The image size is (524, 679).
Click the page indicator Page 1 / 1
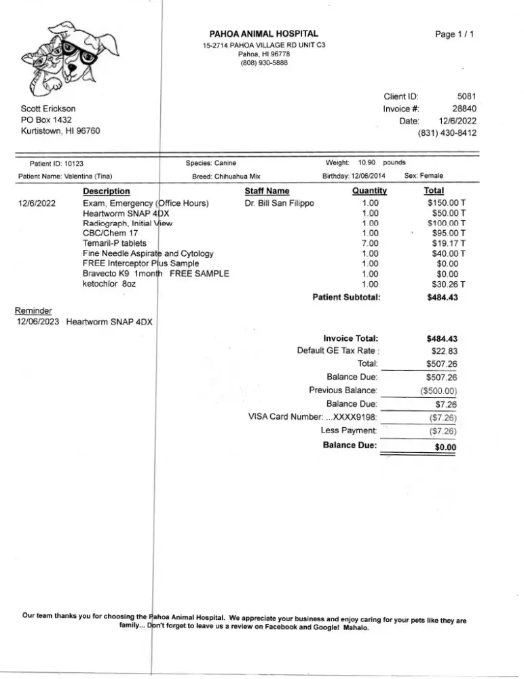point(454,34)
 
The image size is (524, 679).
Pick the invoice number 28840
point(464,109)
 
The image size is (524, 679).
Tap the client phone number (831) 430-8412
point(447,133)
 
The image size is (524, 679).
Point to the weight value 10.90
point(367,163)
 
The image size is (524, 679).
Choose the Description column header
point(107,191)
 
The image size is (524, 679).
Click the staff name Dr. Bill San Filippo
point(280,203)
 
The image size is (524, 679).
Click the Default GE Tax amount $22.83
point(445,351)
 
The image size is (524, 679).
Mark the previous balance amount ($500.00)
point(438,390)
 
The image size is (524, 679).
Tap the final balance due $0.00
point(445,447)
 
